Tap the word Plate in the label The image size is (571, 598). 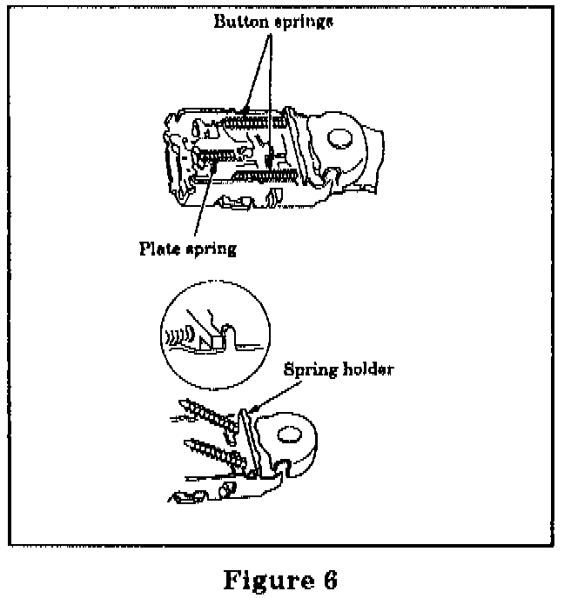click(x=161, y=249)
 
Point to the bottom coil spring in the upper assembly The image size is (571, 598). click(x=260, y=177)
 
